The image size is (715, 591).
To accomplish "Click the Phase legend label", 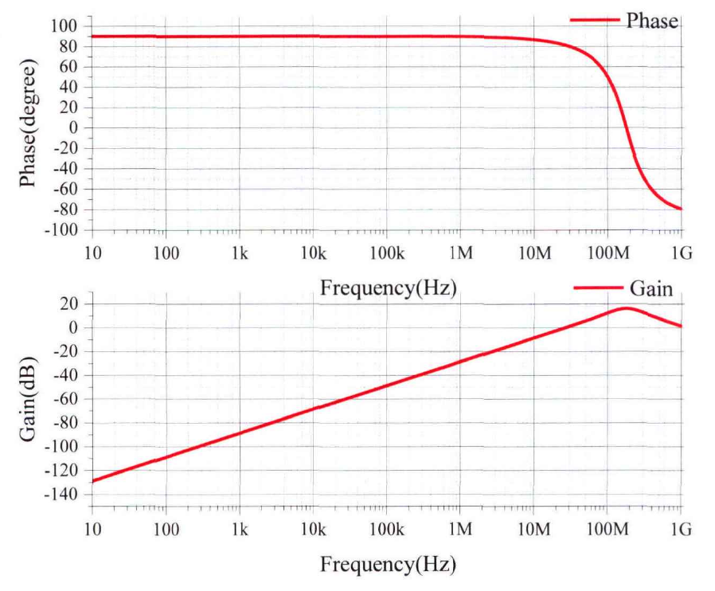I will (652, 21).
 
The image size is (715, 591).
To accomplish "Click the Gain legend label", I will (651, 288).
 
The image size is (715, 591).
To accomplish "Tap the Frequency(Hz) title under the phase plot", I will (389, 288).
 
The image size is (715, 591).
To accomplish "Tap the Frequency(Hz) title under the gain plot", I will (389, 565).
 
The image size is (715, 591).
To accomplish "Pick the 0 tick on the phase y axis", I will (73, 128).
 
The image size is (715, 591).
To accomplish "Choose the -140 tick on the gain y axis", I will (63, 495).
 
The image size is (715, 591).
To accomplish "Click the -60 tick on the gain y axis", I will (66, 399).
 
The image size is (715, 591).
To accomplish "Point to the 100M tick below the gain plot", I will (607, 530).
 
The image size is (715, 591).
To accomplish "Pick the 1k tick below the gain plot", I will (240, 530).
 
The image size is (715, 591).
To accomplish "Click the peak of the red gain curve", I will (627, 307).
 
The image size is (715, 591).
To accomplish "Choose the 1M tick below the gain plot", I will (460, 530).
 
